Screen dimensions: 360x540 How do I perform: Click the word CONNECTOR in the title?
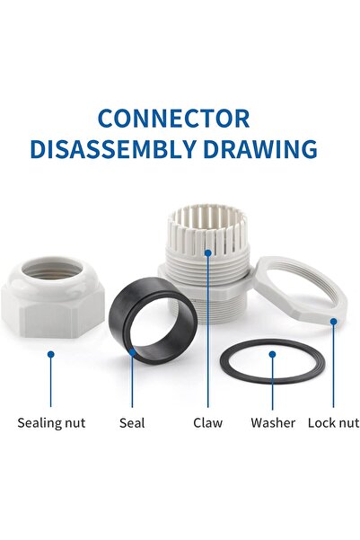174,119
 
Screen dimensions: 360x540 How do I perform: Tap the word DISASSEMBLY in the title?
113,149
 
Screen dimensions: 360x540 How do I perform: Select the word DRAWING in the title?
260,149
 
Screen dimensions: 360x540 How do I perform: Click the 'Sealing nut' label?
51,423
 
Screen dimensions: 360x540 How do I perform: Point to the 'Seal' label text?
132,422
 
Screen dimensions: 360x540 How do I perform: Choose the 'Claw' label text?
208,422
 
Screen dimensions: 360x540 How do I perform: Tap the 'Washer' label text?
273,422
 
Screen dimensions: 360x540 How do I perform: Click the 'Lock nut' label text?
333,422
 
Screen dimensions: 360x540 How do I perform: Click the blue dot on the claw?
208,252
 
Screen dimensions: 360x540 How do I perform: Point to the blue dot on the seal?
133,352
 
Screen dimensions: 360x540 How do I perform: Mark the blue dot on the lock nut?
333,322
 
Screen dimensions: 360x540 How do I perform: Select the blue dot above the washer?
273,354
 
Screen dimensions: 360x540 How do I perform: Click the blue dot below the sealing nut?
51,354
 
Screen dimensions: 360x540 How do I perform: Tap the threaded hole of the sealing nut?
53,270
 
